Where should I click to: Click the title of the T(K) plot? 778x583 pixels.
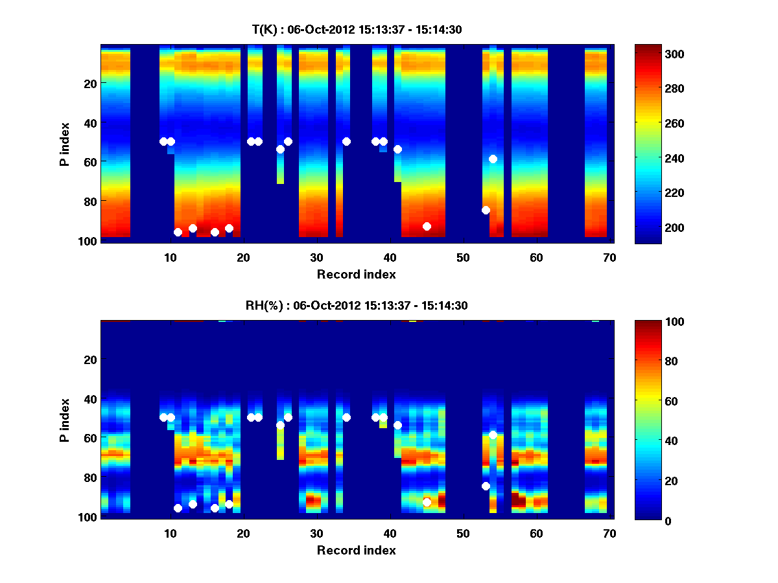pos(357,30)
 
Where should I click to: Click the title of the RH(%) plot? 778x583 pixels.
pos(357,306)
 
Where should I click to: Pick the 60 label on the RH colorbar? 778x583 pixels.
pos(651,402)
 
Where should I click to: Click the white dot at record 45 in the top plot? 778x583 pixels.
pos(427,226)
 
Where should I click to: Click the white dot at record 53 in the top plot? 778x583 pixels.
pos(486,210)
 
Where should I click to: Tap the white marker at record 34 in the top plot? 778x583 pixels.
pos(346,141)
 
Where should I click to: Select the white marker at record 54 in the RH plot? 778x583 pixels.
pos(493,435)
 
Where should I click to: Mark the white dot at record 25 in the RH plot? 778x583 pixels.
pos(280,425)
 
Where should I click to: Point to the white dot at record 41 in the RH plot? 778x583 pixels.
pos(397,425)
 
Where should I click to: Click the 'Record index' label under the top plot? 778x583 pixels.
pos(356,274)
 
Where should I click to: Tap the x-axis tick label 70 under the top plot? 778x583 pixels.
pos(609,257)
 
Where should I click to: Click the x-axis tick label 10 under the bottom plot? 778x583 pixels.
pos(170,533)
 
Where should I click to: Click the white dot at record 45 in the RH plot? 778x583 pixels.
pos(427,502)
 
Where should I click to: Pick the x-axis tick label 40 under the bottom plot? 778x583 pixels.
pos(390,533)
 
